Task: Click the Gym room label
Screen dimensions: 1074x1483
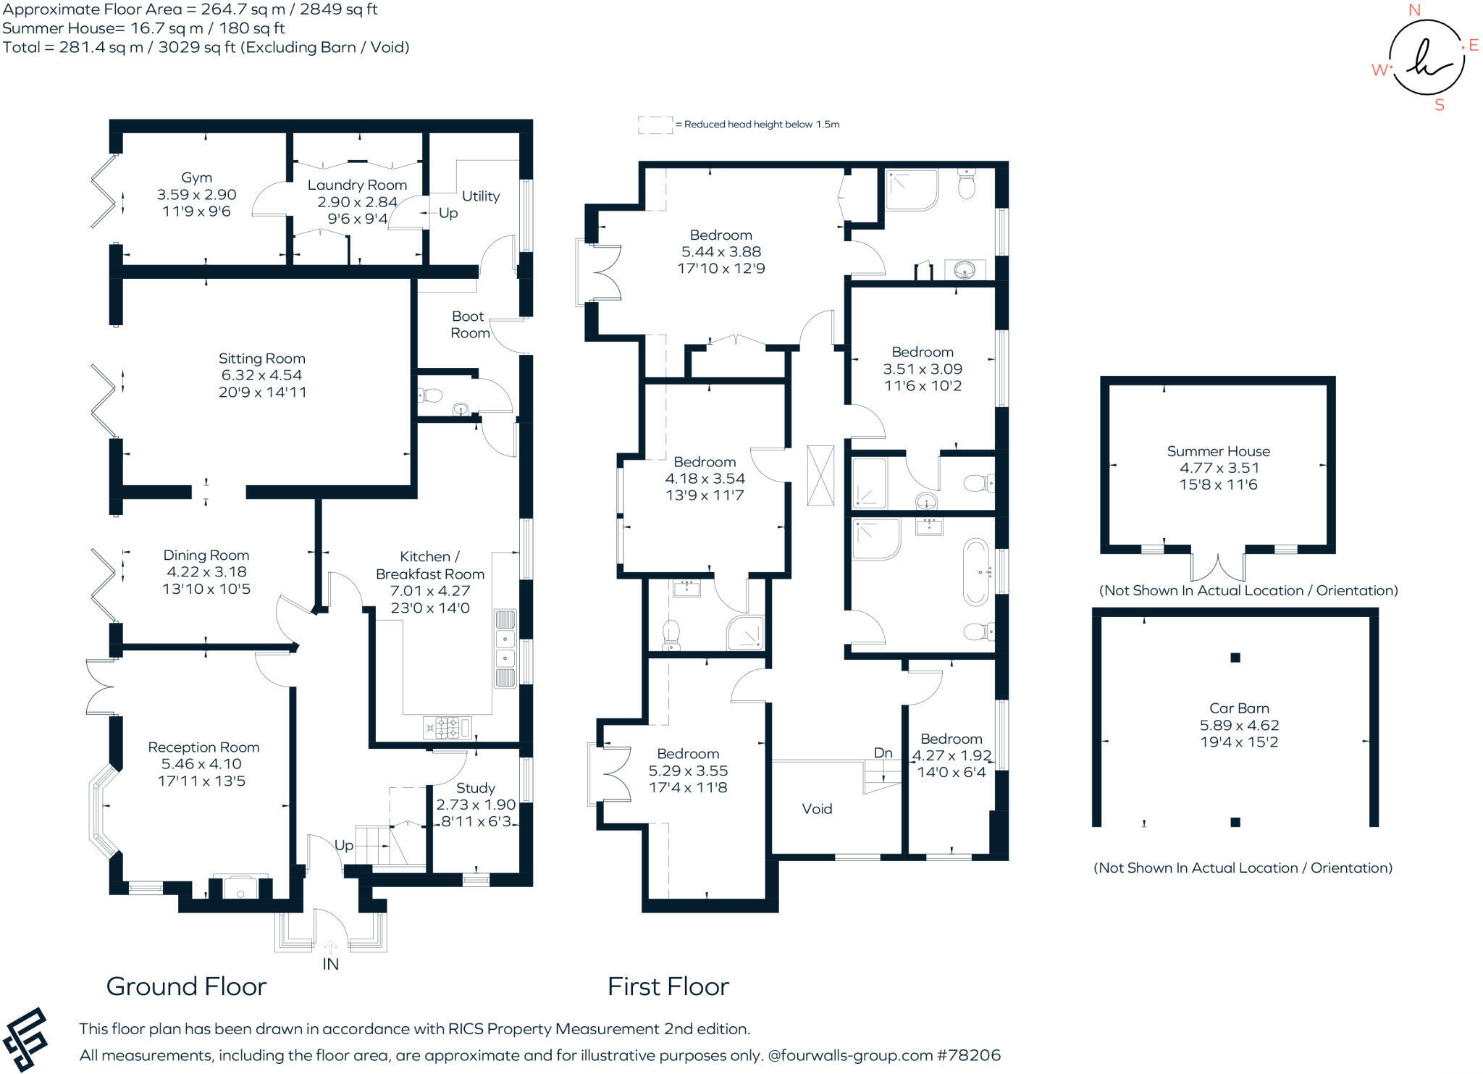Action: tap(196, 177)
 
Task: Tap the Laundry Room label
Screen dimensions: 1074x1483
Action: tap(357, 185)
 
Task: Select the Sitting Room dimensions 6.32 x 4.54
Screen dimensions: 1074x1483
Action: tap(261, 375)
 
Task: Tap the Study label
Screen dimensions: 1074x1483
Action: tap(476, 788)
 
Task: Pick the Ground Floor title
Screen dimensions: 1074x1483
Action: tap(186, 986)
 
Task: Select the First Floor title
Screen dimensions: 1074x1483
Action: tap(668, 986)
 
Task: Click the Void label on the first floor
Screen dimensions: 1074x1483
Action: tap(817, 809)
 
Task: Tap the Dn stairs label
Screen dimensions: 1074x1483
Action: tap(883, 753)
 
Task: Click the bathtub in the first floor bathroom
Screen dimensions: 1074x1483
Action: tap(976, 572)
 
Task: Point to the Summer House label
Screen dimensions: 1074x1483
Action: tap(1218, 451)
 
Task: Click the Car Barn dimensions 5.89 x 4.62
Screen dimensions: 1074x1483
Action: tap(1239, 725)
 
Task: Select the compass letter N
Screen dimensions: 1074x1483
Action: tap(1414, 10)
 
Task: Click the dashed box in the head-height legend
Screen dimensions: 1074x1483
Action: tap(655, 125)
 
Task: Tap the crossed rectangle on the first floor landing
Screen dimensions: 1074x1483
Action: tap(820, 475)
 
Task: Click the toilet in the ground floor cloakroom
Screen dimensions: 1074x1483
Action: tap(432, 395)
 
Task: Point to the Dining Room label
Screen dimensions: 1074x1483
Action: tap(206, 555)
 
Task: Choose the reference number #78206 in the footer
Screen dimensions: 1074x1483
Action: tap(969, 1055)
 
